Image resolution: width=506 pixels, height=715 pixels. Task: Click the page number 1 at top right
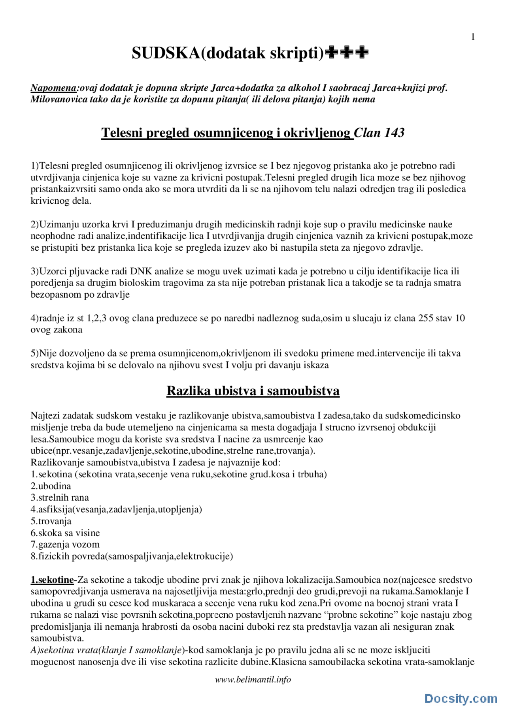pyautogui.click(x=473, y=37)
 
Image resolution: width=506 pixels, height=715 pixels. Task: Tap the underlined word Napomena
pyautogui.click(x=53, y=88)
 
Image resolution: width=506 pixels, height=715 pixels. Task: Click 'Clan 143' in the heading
pyautogui.click(x=379, y=133)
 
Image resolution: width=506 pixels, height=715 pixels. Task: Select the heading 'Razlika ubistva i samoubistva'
pyautogui.click(x=253, y=390)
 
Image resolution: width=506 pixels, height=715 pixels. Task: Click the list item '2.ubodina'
pyautogui.click(x=51, y=486)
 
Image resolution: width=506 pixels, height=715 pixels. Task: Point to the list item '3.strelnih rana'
pyautogui.click(x=60, y=497)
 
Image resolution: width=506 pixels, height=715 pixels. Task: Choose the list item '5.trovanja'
pyautogui.click(x=51, y=521)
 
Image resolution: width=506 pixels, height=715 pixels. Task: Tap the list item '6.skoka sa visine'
pyautogui.click(x=65, y=533)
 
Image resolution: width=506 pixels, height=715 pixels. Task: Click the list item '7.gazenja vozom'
pyautogui.click(x=65, y=544)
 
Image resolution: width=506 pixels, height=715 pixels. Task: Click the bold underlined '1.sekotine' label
pyautogui.click(x=52, y=580)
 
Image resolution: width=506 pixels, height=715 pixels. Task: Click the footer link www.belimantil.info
pyautogui.click(x=253, y=679)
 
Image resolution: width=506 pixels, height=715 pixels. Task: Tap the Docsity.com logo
pyautogui.click(x=461, y=698)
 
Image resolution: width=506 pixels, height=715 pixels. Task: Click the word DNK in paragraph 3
pyautogui.click(x=141, y=271)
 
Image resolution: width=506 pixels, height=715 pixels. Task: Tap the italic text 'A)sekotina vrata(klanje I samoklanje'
pyautogui.click(x=106, y=650)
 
